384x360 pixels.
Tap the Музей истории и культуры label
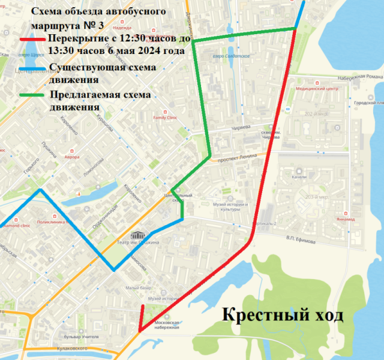230,207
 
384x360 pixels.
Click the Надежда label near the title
121,28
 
